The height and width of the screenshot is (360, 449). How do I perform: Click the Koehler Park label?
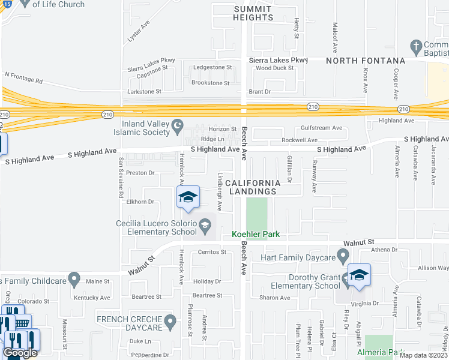coord(256,234)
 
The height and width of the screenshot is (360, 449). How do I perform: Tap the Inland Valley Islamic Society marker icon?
coord(177,125)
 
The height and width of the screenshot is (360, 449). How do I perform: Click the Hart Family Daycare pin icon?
coord(343,257)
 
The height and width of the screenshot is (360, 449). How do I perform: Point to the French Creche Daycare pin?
coord(170,323)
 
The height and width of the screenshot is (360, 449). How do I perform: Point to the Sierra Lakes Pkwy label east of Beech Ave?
coord(278,60)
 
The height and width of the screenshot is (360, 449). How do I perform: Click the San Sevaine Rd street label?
coord(121,178)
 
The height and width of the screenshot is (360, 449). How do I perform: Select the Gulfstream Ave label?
coord(321,128)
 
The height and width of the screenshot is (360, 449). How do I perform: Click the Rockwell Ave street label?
coord(300,140)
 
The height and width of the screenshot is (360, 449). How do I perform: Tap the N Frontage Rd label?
coord(23,77)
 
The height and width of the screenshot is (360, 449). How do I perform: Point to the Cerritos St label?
coord(212,252)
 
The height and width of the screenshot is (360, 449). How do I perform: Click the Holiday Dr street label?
coord(207,281)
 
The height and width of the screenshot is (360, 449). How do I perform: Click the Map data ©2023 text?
coord(424,355)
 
